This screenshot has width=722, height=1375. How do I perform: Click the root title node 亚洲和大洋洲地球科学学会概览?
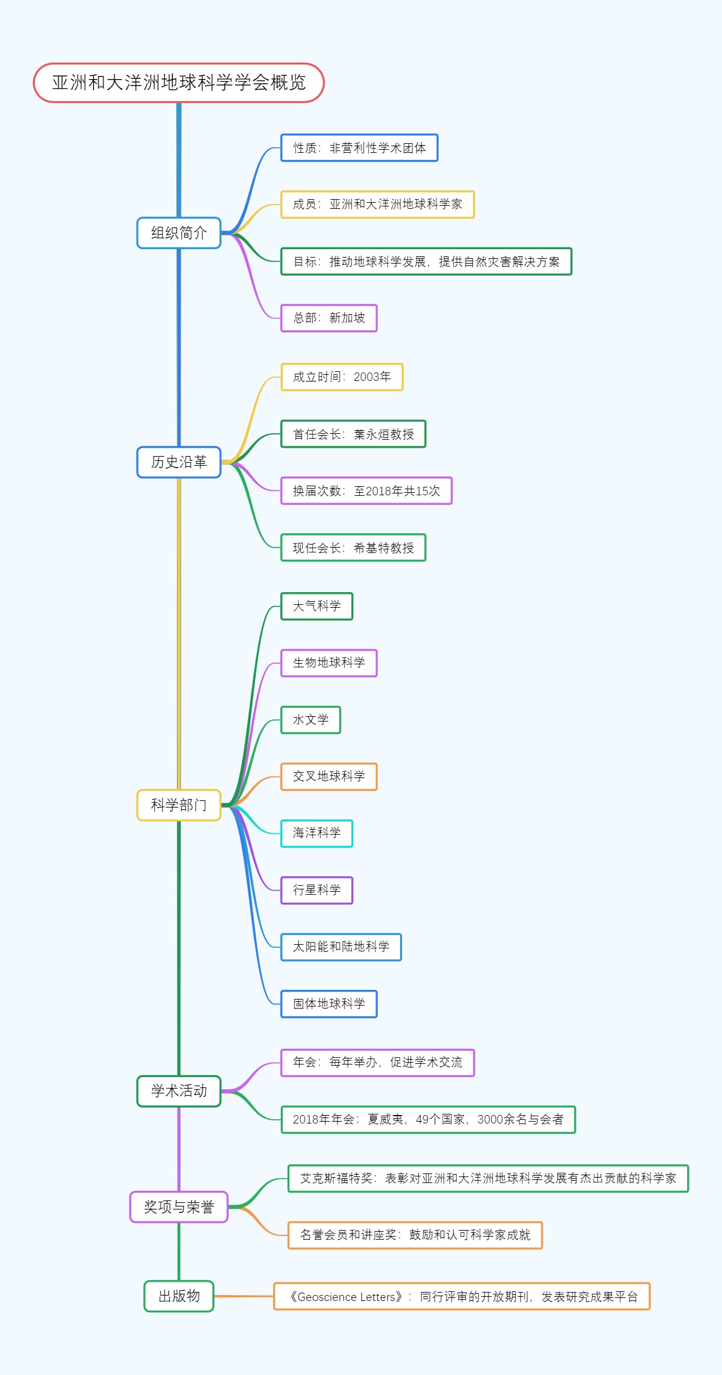click(179, 82)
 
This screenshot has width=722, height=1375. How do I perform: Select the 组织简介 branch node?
click(179, 233)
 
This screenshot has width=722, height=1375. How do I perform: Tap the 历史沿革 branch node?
click(179, 462)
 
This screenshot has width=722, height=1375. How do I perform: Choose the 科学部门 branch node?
click(179, 805)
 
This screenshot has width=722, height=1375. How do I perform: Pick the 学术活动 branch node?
click(179, 1091)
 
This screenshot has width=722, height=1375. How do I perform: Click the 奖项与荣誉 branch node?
click(179, 1207)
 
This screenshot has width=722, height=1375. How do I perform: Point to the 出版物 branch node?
click(179, 1296)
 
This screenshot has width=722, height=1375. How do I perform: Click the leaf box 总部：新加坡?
click(329, 318)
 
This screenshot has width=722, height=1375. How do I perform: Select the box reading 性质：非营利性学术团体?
click(359, 148)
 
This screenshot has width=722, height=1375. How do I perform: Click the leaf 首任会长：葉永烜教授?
click(353, 434)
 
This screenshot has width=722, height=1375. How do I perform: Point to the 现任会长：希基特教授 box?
click(353, 548)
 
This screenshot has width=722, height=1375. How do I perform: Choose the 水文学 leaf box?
click(310, 720)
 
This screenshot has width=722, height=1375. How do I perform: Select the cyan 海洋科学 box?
click(316, 833)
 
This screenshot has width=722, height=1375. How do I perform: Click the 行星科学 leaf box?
click(316, 890)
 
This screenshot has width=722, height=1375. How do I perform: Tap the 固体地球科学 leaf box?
click(329, 1004)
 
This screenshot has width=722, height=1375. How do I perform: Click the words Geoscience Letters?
click(347, 1297)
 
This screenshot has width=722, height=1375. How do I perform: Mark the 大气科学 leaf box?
click(316, 606)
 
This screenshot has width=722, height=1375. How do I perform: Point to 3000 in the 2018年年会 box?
click(490, 1119)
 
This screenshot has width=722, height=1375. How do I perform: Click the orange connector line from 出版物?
click(244, 1296)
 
